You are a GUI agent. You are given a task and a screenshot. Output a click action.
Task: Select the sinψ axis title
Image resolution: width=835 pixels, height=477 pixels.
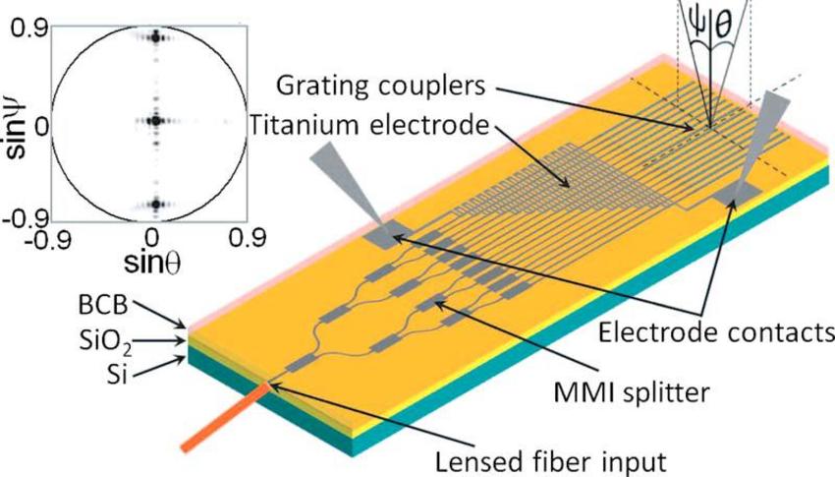tap(15, 120)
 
